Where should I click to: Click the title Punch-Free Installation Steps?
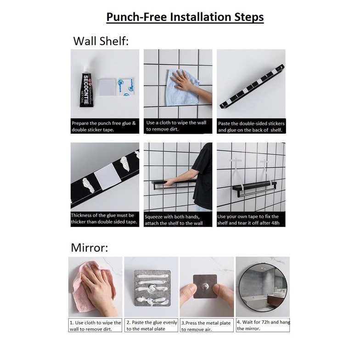[x=185, y=17]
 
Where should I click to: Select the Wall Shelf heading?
[x=101, y=41]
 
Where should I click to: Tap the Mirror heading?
[x=89, y=247]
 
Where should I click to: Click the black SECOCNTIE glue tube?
[x=85, y=87]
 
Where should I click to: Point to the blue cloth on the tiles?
[x=183, y=88]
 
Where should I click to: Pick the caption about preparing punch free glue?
[x=104, y=126]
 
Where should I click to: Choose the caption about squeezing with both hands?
[x=174, y=219]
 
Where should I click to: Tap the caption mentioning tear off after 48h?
[x=248, y=219]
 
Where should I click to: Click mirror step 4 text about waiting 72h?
[x=264, y=325]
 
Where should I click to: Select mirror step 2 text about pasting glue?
[x=152, y=326]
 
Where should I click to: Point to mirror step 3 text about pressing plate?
[x=206, y=326]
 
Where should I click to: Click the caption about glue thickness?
[x=104, y=219]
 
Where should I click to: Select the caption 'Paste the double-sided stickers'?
[x=251, y=127]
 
